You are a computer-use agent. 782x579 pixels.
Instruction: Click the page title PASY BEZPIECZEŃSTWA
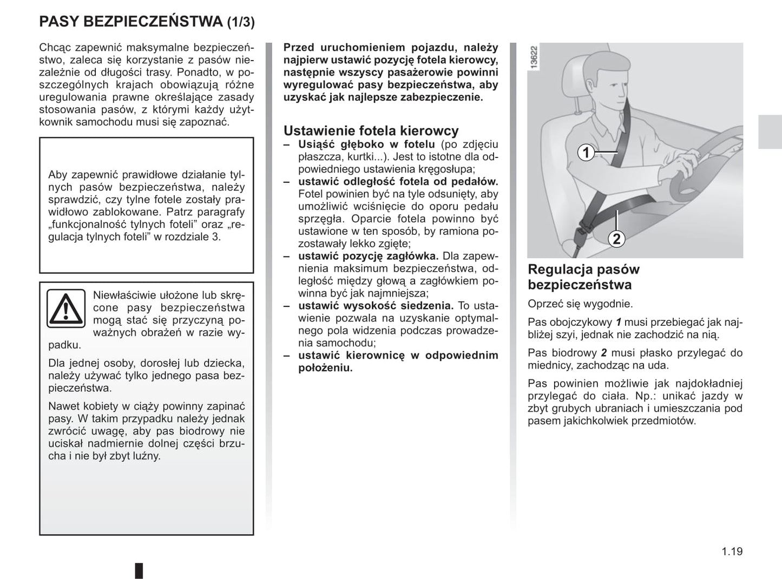[130, 22]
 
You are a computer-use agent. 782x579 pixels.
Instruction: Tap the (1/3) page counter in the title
[240, 22]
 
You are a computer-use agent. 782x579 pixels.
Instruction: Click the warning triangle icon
[65, 308]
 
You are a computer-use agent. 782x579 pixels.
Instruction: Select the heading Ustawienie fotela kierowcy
[371, 130]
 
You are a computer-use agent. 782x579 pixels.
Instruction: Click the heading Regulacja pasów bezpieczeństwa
[583, 277]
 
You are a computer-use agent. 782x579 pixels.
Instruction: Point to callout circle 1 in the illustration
[586, 153]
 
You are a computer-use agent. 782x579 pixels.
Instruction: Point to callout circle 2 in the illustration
[616, 238]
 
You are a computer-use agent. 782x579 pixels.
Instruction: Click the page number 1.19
[732, 551]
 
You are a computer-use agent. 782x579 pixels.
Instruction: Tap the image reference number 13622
[534, 57]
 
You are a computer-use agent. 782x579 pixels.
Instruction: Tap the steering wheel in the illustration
[704, 162]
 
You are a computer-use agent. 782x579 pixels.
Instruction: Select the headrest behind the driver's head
[574, 76]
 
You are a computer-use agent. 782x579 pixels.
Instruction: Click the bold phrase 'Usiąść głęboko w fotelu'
[366, 144]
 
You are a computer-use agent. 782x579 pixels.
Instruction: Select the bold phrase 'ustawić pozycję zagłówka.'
[368, 256]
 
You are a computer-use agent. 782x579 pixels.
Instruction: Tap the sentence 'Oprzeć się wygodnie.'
[580, 304]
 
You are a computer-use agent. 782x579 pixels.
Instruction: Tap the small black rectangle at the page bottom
[139, 570]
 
